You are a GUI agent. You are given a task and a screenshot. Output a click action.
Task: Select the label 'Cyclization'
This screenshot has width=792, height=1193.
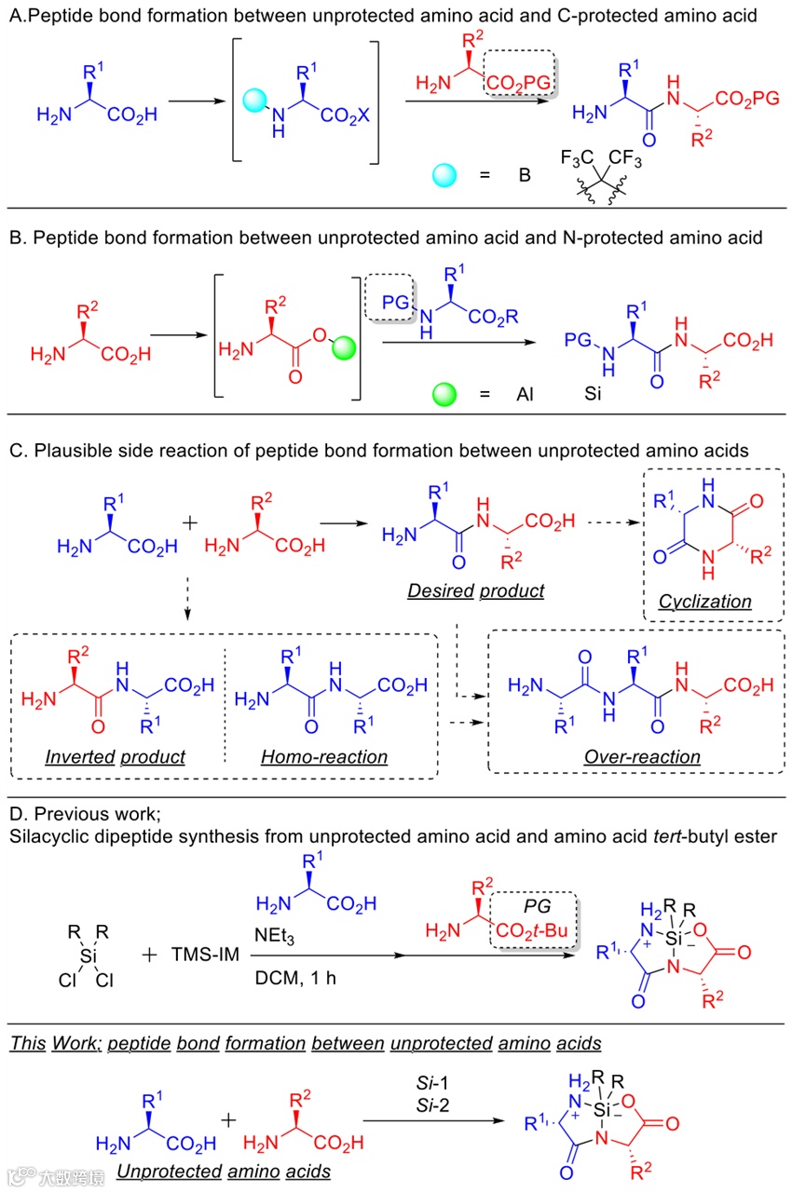[x=705, y=602]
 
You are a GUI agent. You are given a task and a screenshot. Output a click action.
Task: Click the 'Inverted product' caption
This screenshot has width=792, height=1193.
[x=116, y=757]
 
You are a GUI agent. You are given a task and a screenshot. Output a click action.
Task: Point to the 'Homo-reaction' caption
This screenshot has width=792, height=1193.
[x=324, y=757]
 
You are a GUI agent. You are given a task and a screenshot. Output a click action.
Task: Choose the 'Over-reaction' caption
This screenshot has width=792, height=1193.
[x=642, y=757]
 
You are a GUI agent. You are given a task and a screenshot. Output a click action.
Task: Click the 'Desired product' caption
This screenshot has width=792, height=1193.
[x=476, y=590]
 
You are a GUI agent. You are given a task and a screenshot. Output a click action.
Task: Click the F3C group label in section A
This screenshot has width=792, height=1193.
[x=579, y=159]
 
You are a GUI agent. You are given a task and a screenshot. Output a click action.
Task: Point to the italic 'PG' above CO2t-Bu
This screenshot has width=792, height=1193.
[x=533, y=908]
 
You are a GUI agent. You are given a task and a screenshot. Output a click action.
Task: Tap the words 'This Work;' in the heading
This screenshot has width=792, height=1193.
[x=54, y=1042]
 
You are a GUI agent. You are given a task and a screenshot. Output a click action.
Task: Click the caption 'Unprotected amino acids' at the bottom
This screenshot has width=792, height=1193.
[x=224, y=1171]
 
